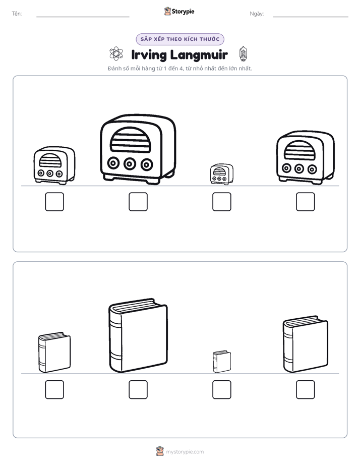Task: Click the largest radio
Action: (x=138, y=149)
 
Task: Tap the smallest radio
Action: (x=221, y=174)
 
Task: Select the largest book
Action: (x=138, y=335)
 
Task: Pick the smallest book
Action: (x=221, y=362)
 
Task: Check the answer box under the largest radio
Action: (x=138, y=202)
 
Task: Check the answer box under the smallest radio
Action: (x=221, y=202)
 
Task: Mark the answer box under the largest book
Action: (x=138, y=390)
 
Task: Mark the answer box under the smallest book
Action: (x=221, y=390)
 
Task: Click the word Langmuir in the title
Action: (x=199, y=55)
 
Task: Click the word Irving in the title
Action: (x=149, y=55)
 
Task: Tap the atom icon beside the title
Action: (x=116, y=53)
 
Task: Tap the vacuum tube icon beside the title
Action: (x=243, y=54)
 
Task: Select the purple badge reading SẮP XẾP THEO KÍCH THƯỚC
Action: (x=180, y=39)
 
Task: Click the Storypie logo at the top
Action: (x=179, y=11)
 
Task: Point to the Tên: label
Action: (x=17, y=14)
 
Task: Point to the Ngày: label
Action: (x=257, y=14)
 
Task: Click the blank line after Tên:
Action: (x=83, y=17)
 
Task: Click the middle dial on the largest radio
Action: (x=130, y=163)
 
